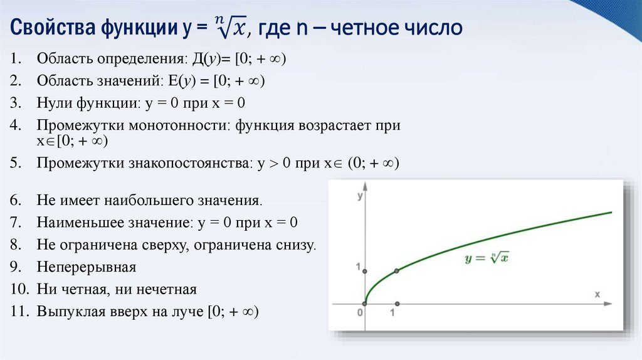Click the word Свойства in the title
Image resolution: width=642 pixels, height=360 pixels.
[50, 29]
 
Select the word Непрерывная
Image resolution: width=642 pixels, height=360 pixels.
[87, 267]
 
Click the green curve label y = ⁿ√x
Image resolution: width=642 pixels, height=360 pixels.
[486, 258]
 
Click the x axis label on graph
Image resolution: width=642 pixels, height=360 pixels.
[597, 294]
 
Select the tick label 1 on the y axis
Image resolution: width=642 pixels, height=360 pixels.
[359, 268]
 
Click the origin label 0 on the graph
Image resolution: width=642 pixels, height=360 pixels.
[360, 312]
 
